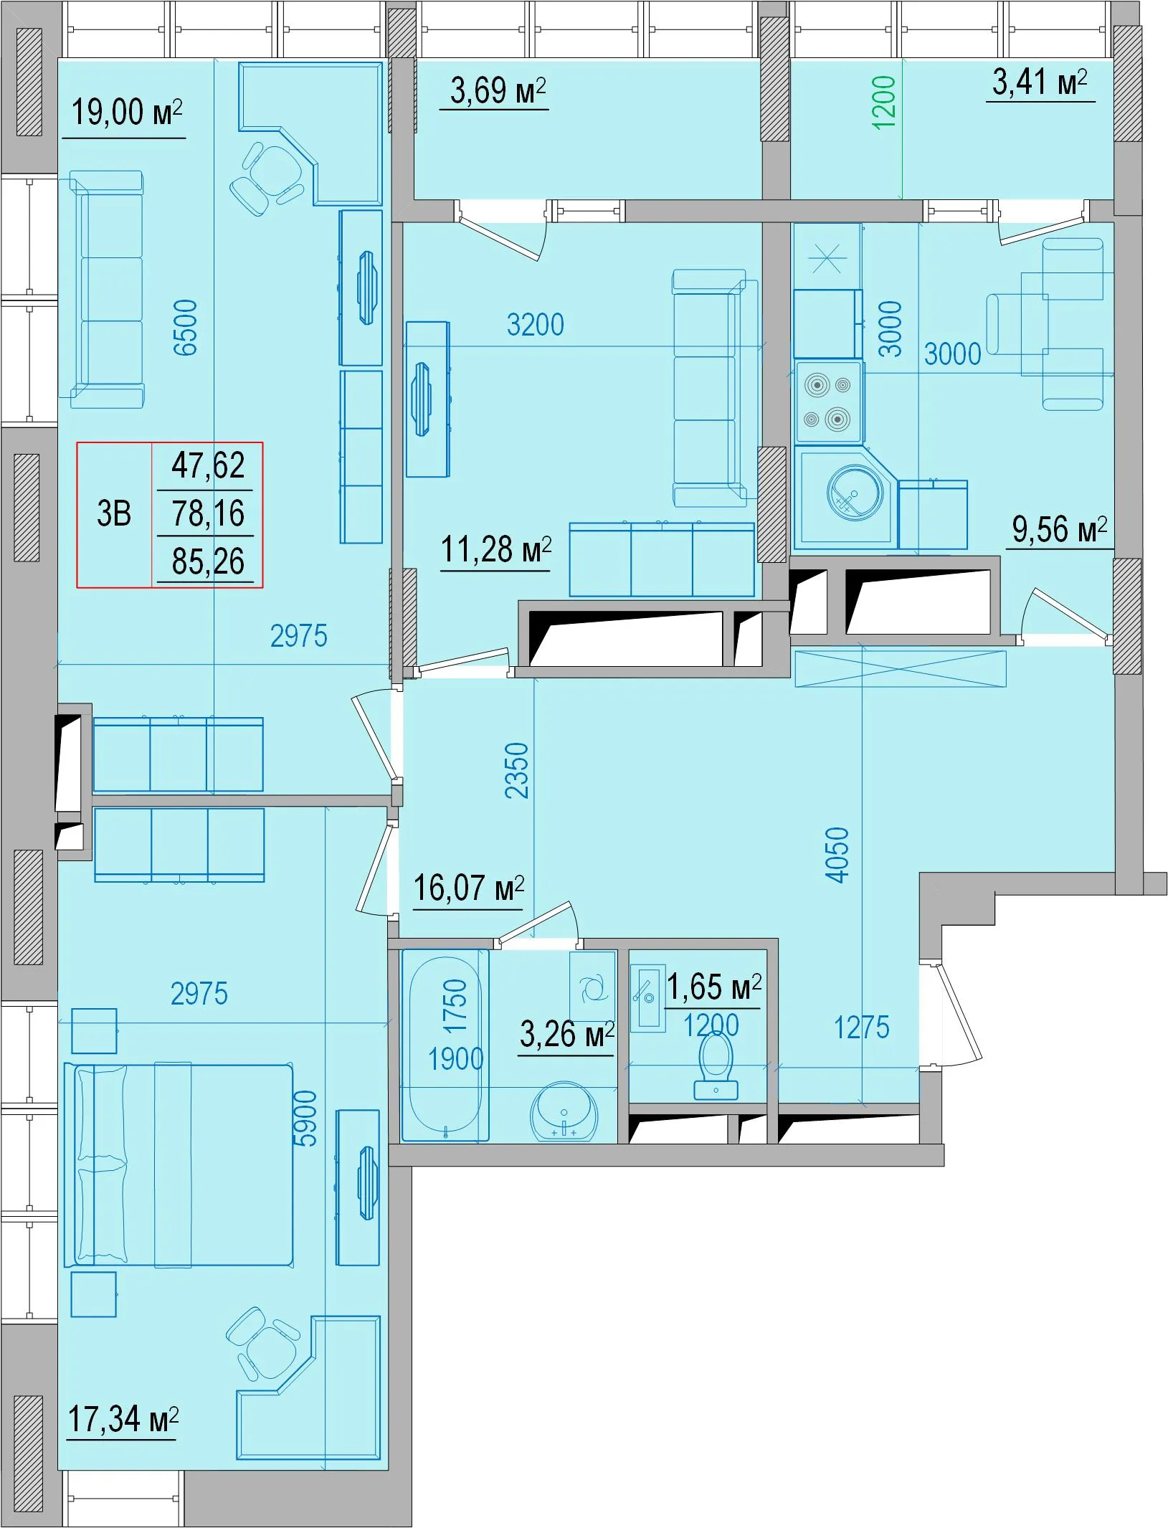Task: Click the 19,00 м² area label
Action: (x=126, y=113)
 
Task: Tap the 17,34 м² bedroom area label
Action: (x=123, y=1419)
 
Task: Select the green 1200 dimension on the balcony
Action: (x=885, y=103)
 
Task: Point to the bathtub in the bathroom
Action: (x=445, y=1045)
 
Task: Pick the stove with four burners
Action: (x=827, y=402)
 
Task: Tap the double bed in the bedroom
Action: (x=179, y=1165)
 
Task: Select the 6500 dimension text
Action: (x=186, y=328)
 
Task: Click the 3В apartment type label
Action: (x=114, y=514)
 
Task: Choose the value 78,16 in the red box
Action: (x=208, y=513)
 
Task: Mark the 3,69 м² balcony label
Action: (x=498, y=91)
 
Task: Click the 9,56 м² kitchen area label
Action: (x=1059, y=530)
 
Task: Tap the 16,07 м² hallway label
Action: (x=468, y=888)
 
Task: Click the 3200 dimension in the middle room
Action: (x=535, y=325)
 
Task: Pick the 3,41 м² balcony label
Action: (x=1040, y=82)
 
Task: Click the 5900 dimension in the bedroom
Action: (x=305, y=1119)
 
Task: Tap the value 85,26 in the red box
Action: (x=208, y=561)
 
